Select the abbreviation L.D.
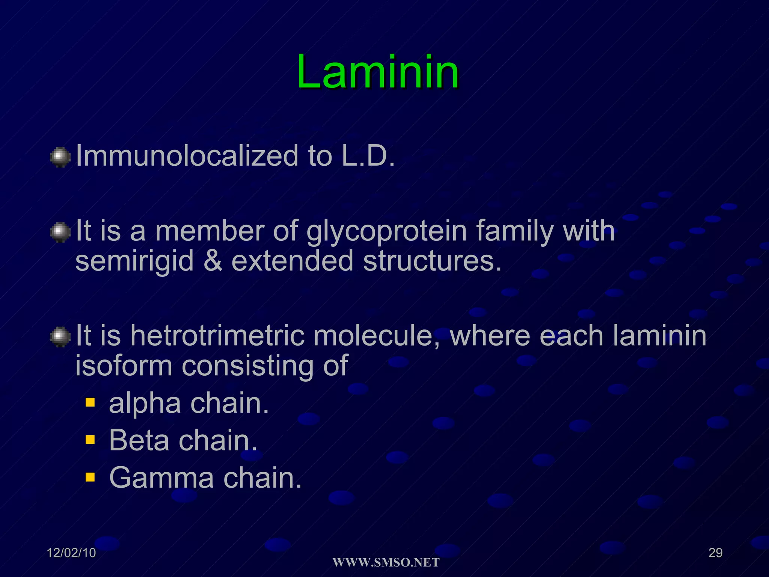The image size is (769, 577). coord(368,156)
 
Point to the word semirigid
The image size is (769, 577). coord(134,261)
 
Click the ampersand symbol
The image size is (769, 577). coord(213,261)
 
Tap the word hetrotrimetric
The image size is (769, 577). coord(217,335)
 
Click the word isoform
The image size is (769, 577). coord(124,366)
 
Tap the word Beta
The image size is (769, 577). coord(139,440)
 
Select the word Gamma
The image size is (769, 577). coord(161,478)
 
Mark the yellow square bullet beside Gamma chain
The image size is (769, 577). coord(90,477)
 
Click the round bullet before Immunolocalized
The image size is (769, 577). coord(60,157)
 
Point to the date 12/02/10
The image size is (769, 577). coord(71,553)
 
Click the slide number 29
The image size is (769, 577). coord(715,553)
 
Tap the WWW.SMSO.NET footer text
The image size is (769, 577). coord(386,563)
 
